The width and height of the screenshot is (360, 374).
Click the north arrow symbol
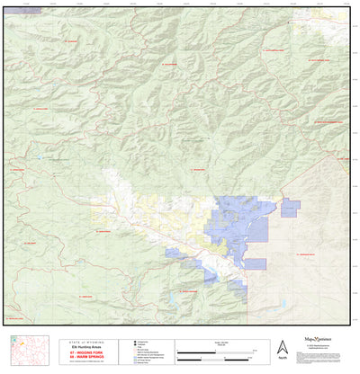(282, 346)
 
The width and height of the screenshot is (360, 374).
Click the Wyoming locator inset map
(25, 348)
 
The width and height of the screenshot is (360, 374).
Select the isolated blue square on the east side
(290, 208)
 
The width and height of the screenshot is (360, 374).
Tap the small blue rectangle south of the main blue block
(256, 264)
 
